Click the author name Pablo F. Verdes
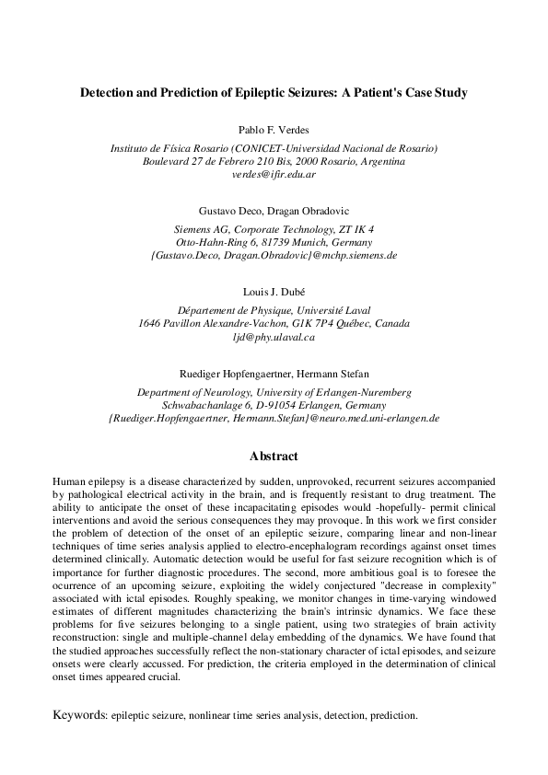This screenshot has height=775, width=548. tap(274, 130)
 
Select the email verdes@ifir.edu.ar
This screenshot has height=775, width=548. tap(274, 174)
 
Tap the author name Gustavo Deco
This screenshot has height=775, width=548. tap(227, 211)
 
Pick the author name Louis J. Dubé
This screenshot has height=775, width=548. tap(274, 292)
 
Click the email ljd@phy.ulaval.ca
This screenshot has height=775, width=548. tap(274, 337)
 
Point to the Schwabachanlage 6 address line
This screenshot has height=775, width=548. tap(274, 405)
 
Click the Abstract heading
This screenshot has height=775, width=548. tap(274, 456)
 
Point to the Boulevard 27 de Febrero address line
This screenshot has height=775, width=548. tap(274, 161)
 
